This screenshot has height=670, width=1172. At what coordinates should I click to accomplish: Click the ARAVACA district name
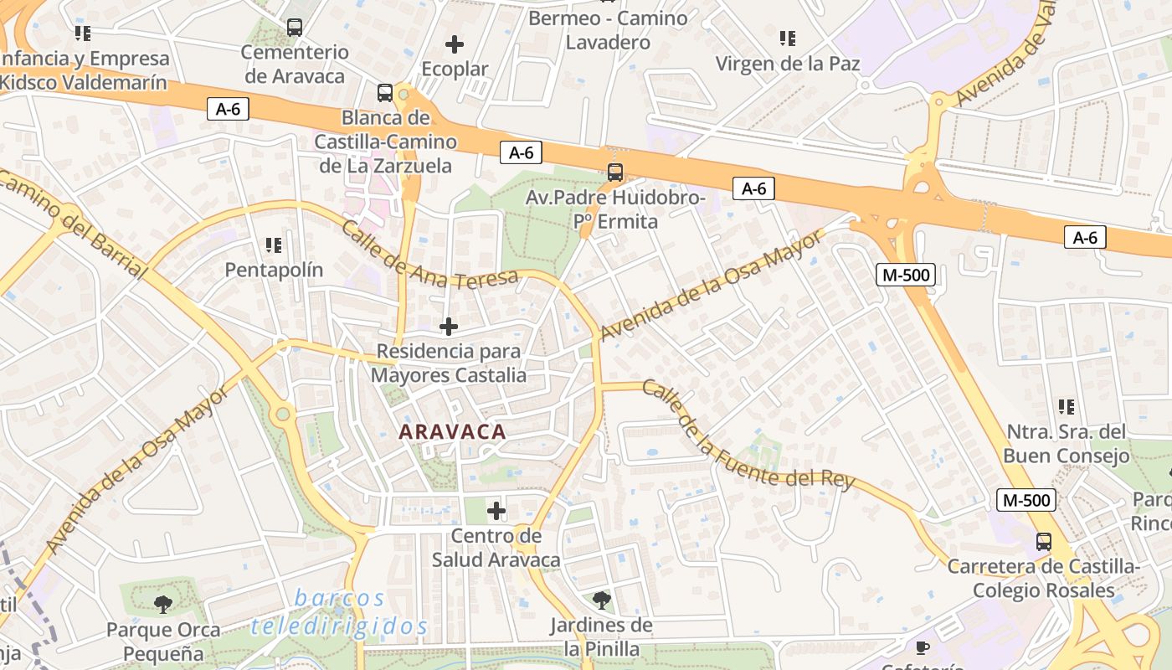click(x=452, y=432)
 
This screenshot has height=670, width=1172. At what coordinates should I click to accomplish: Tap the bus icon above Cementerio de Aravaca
click(x=294, y=27)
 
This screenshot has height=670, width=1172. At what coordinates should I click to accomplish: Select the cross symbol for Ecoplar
click(x=455, y=44)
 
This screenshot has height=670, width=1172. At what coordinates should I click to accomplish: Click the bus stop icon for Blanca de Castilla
click(x=385, y=92)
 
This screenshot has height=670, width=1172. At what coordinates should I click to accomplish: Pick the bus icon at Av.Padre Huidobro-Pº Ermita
click(x=615, y=173)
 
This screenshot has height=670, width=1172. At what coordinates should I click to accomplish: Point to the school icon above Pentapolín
click(x=274, y=245)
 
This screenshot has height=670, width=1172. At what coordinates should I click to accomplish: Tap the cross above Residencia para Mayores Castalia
click(x=449, y=327)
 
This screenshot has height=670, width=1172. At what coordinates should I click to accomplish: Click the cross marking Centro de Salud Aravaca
click(x=496, y=510)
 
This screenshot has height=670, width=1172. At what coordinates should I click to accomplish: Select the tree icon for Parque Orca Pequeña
click(x=163, y=604)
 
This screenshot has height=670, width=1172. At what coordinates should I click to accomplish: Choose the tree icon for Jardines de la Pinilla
click(x=601, y=600)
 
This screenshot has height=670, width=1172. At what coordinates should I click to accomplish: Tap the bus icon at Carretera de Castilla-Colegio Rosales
click(x=1043, y=541)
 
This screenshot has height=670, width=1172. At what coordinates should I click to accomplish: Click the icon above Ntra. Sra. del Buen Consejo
click(x=1067, y=407)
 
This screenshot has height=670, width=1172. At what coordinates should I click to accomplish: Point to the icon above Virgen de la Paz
click(x=787, y=38)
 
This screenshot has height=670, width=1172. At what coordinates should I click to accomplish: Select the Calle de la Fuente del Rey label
click(x=748, y=436)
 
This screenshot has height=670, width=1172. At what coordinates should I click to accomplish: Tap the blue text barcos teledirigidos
click(x=340, y=612)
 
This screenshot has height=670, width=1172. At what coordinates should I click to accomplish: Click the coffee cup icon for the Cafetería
click(x=923, y=647)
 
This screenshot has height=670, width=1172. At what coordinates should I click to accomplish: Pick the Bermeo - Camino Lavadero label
click(x=608, y=29)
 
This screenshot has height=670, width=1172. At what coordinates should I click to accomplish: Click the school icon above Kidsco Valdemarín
click(x=82, y=33)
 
